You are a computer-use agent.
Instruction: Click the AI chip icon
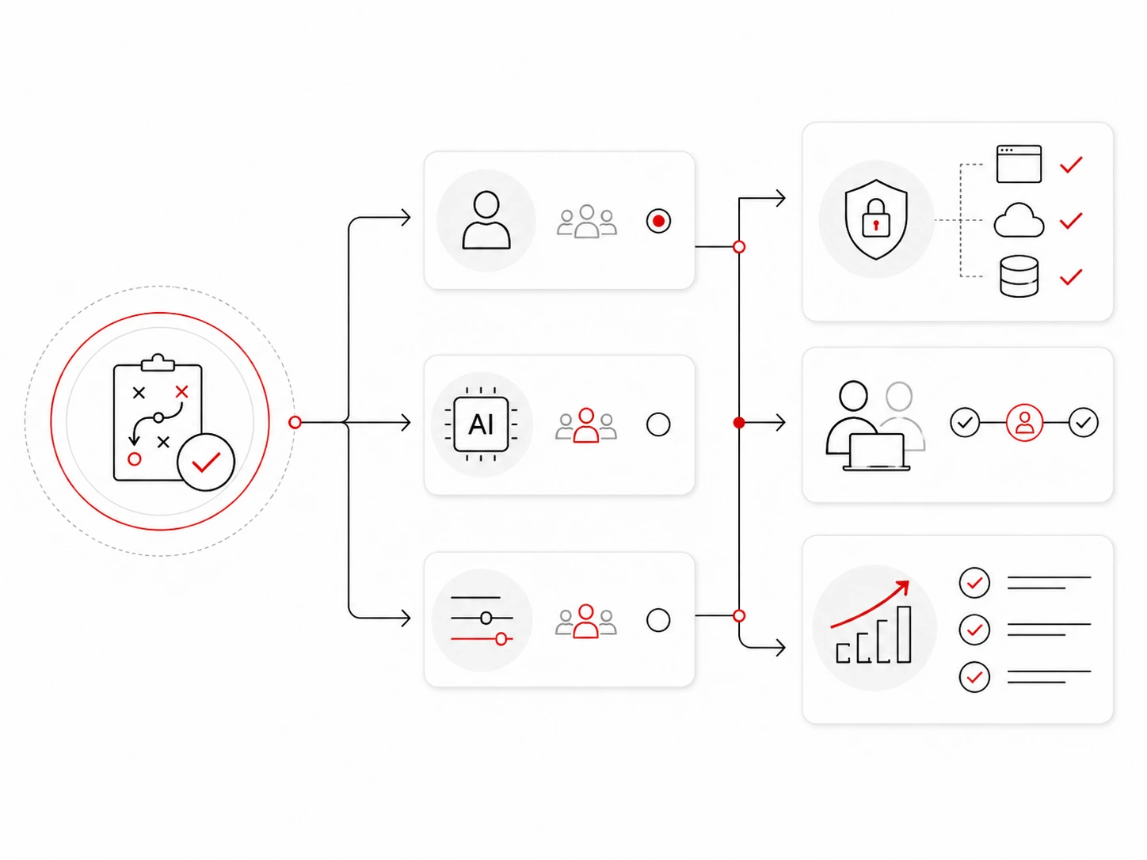[x=481, y=424]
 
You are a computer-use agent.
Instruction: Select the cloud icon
[x=1019, y=220]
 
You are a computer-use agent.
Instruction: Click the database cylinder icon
[x=1019, y=276]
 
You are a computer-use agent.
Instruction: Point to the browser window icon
[x=1019, y=164]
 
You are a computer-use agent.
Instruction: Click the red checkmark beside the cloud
[x=1071, y=220]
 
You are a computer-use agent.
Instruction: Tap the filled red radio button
[x=658, y=221]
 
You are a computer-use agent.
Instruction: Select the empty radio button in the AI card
[x=658, y=424]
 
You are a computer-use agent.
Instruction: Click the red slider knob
[x=501, y=638]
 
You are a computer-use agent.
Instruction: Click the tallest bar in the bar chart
[x=904, y=634]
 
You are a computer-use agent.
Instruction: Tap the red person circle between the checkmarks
[x=1024, y=422]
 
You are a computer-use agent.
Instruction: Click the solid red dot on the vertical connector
[x=739, y=422]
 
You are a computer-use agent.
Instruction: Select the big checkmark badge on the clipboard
[x=206, y=462]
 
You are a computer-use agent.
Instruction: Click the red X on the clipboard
[x=182, y=392]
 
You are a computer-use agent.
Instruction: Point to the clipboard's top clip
[x=158, y=363]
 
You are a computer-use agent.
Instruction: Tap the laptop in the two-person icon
[x=876, y=452]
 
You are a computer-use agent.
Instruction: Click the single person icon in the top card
[x=486, y=220]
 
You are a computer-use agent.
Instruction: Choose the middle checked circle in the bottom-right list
[x=974, y=630]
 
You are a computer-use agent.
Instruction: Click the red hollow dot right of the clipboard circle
[x=295, y=422]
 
